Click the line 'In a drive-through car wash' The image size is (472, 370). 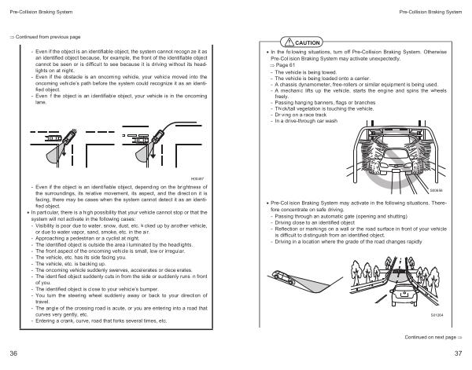pyautogui.click(x=310, y=121)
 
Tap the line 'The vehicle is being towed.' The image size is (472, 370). pyautogui.click(x=312, y=71)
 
